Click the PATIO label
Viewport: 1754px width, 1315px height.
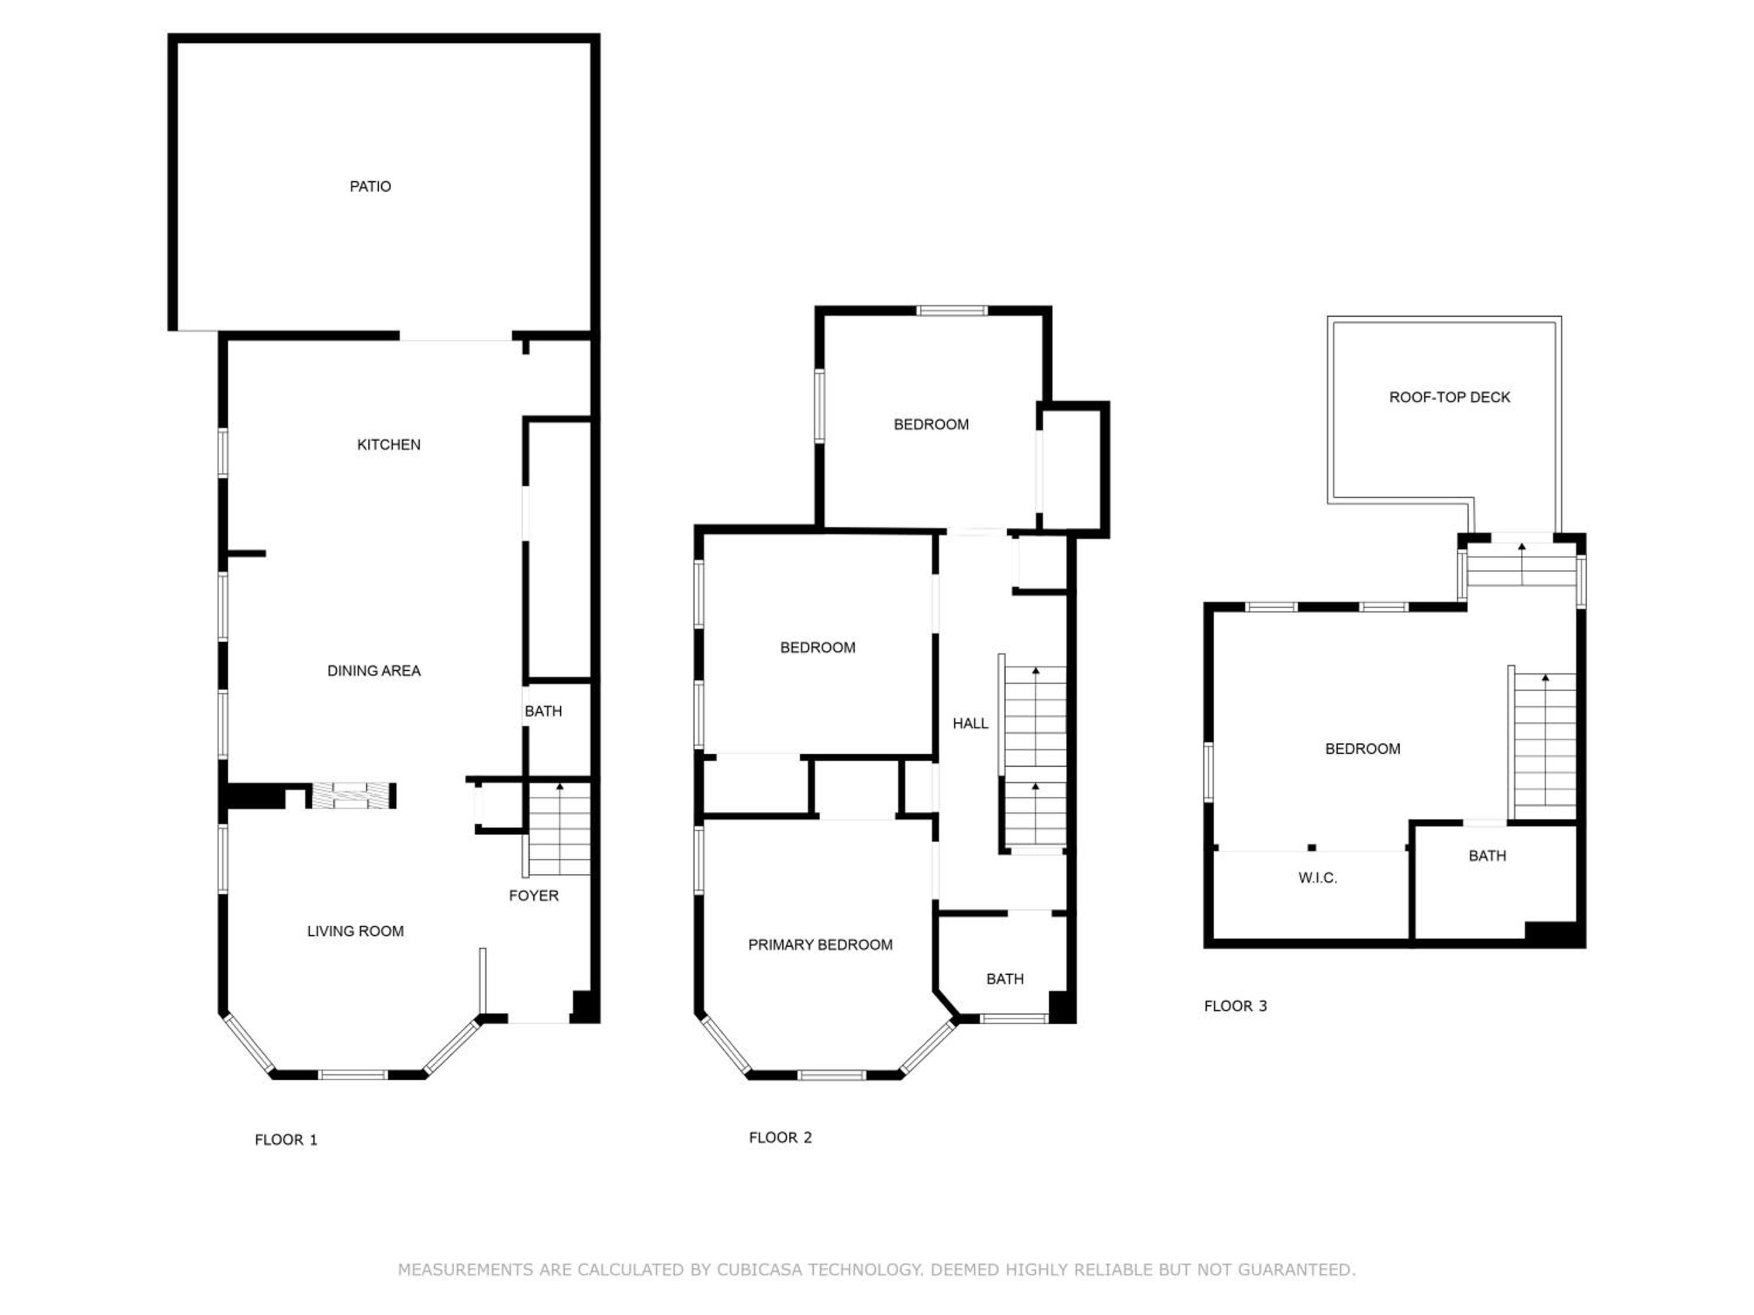pos(370,186)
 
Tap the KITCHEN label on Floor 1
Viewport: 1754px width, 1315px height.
pos(389,445)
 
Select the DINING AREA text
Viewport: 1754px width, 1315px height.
pos(374,670)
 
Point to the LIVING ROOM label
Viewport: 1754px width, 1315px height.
pos(355,932)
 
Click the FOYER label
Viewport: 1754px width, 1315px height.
pos(534,896)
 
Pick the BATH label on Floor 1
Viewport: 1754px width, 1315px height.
pos(543,711)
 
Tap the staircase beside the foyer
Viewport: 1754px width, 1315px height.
pos(559,828)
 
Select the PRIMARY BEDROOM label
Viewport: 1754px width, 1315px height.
pos(821,945)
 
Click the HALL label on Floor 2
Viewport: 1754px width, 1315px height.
pos(971,724)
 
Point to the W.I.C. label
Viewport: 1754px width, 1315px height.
pos(1318,877)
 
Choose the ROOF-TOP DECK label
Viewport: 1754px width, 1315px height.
pos(1449,397)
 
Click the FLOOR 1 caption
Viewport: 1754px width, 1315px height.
pos(286,1140)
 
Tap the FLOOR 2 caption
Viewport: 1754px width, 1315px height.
pos(781,1137)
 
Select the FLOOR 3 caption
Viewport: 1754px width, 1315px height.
pos(1235,1006)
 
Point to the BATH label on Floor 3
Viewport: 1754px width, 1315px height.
pos(1487,855)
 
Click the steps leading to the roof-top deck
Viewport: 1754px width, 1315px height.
pos(1521,565)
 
